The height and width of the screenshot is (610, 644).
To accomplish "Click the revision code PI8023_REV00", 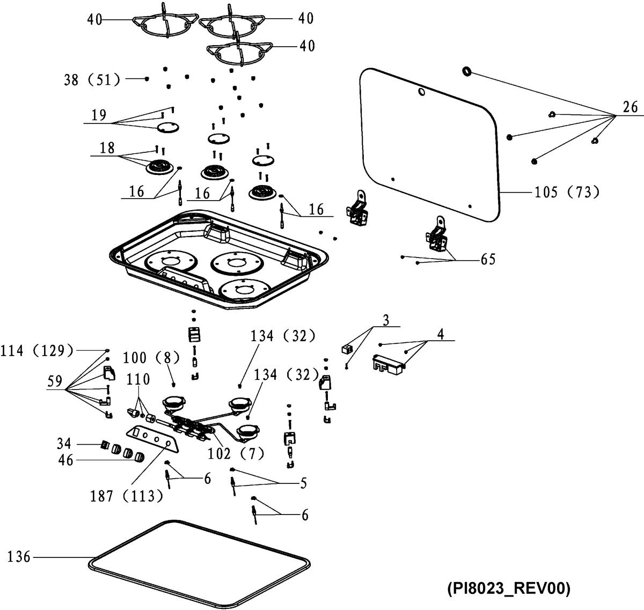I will (x=508, y=589).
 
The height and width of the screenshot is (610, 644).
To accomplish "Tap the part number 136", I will (x=18, y=557).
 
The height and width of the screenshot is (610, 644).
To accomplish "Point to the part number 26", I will (x=630, y=107).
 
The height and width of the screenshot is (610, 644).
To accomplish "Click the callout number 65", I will (x=488, y=259).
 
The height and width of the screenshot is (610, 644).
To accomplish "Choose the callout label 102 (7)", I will (x=236, y=453).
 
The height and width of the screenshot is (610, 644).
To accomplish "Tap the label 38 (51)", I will (x=92, y=79).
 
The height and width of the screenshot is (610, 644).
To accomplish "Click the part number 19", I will (x=99, y=115).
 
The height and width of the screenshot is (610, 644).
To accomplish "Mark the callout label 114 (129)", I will (x=37, y=351).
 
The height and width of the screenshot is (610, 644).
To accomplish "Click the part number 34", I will (x=64, y=444).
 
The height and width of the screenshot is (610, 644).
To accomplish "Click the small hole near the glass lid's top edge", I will (x=422, y=92).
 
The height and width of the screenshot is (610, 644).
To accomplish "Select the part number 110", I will (x=138, y=380).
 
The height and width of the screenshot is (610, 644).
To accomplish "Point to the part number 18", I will (x=107, y=148).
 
